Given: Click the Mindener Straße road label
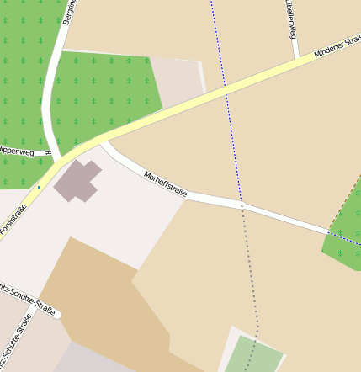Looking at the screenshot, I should pyautogui.click(x=337, y=46).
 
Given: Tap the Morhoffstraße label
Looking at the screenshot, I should pyautogui.click(x=165, y=183).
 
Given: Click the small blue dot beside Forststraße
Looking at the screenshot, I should pyautogui.click(x=39, y=187).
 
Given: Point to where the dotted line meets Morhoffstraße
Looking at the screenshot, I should pyautogui.click(x=242, y=205).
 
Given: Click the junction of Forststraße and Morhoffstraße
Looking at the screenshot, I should pyautogui.click(x=101, y=138).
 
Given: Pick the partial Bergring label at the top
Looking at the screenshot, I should pyautogui.click(x=68, y=12).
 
